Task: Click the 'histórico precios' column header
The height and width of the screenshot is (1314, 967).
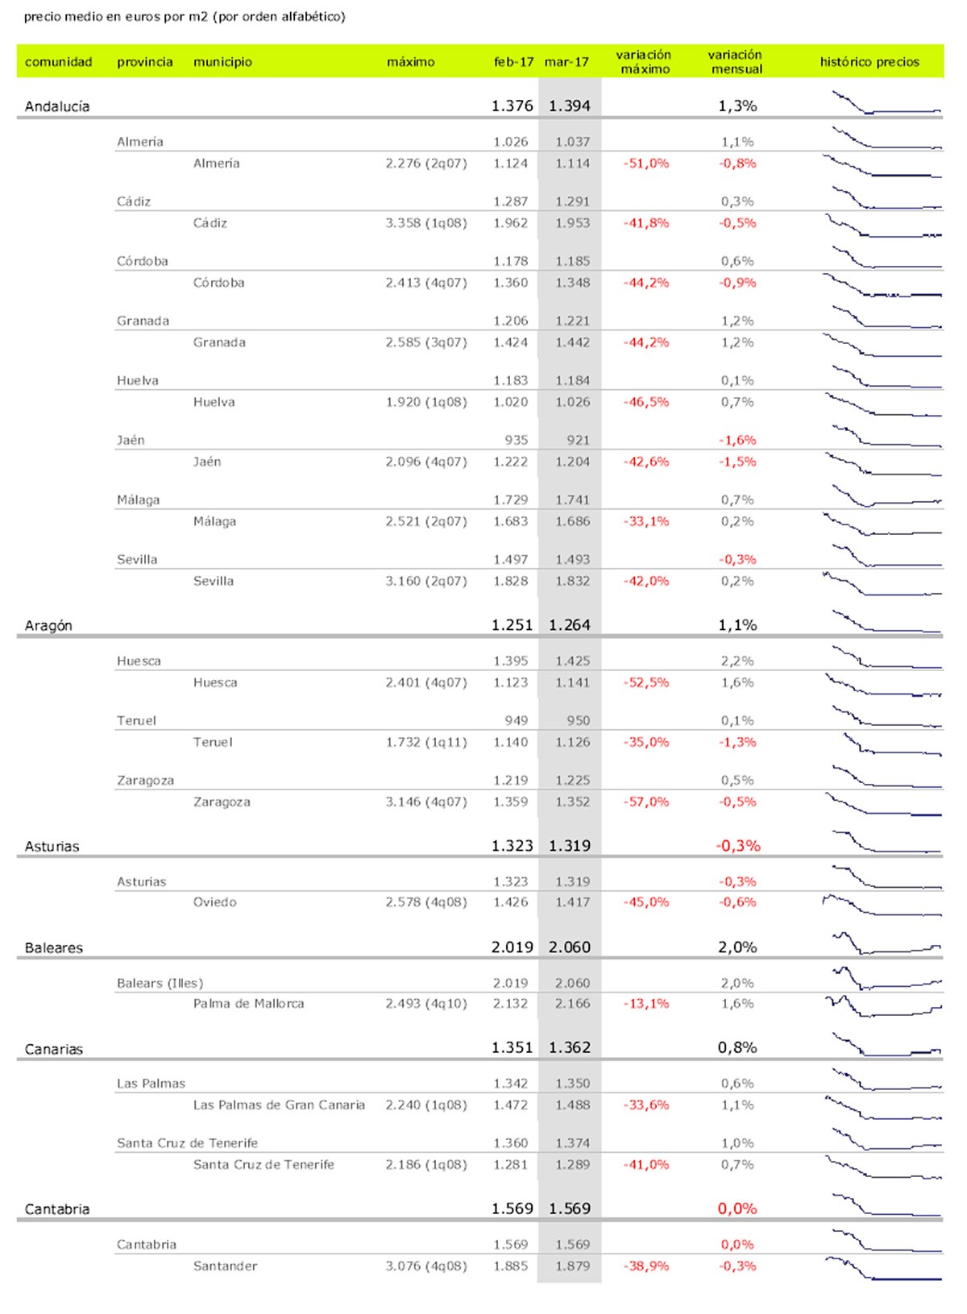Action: (x=869, y=62)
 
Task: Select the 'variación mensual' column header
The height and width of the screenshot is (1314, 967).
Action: (x=735, y=62)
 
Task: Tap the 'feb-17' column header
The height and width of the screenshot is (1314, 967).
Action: (x=513, y=62)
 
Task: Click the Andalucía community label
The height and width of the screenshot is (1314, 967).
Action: (x=57, y=106)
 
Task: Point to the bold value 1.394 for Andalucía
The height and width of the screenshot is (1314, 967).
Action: (x=570, y=106)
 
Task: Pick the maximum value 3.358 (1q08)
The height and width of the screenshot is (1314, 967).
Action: (x=425, y=223)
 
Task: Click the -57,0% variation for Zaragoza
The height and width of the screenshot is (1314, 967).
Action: (x=645, y=802)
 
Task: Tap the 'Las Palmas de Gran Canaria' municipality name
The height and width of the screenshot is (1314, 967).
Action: (x=279, y=1105)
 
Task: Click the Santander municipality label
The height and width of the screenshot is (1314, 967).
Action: (x=225, y=1266)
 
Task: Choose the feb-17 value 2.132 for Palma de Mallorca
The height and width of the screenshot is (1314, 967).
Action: (x=511, y=1004)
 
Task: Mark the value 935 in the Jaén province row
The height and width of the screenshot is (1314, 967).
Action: (x=516, y=440)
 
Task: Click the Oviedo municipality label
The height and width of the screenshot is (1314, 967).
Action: (x=214, y=902)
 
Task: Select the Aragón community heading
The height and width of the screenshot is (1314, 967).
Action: (x=48, y=626)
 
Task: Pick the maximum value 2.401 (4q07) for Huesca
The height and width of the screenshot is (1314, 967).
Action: (x=425, y=682)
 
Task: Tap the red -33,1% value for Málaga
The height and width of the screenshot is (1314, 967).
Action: (x=645, y=521)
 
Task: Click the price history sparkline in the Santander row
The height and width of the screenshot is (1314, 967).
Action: (x=883, y=1268)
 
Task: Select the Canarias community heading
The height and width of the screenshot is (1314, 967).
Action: (x=54, y=1049)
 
